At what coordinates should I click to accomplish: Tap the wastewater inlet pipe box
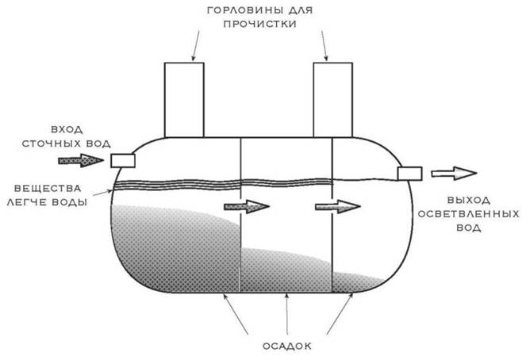pos(123,161)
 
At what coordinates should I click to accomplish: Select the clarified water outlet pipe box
pos(409,174)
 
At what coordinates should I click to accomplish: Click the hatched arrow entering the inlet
pos(81,160)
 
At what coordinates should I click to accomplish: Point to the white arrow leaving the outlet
pos(454,174)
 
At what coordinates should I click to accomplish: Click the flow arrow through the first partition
pos(247,206)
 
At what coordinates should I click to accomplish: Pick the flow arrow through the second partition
pos(338,206)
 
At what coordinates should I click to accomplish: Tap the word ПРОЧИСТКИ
pos(260,25)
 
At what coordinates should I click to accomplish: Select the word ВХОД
pos(67,130)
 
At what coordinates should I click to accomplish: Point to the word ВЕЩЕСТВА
pos(48,188)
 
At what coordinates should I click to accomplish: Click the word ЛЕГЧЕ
pos(28,202)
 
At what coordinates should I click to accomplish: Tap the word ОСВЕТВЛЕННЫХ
pos(468,214)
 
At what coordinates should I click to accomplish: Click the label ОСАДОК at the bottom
pos(287,347)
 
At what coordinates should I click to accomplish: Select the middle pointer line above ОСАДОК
pos(287,314)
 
